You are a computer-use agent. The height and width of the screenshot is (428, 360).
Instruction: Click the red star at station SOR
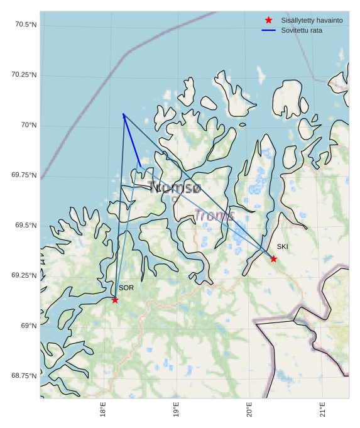click(x=115, y=300)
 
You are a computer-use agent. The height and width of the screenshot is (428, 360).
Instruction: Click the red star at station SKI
click(x=273, y=259)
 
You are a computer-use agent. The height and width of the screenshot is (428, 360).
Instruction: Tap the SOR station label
click(x=126, y=288)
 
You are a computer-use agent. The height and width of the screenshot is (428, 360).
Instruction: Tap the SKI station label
click(x=282, y=246)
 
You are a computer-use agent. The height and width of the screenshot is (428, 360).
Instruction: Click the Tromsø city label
click(x=175, y=187)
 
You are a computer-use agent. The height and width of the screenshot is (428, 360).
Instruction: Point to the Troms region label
click(x=214, y=216)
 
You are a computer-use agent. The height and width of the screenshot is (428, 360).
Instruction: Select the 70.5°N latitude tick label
click(x=25, y=25)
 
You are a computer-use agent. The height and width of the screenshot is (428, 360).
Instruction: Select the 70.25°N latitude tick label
click(x=24, y=75)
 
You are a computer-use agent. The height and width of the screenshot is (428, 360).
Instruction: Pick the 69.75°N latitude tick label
click(x=24, y=175)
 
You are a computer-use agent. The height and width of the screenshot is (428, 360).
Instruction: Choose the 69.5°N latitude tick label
click(x=25, y=226)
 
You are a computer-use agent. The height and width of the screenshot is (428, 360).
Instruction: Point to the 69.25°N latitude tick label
click(x=24, y=275)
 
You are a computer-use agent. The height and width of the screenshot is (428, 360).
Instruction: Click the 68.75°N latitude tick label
click(x=24, y=376)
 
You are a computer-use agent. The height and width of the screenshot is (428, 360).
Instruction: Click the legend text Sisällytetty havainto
click(x=312, y=20)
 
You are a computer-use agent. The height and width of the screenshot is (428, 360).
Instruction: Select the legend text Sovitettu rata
click(x=302, y=30)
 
